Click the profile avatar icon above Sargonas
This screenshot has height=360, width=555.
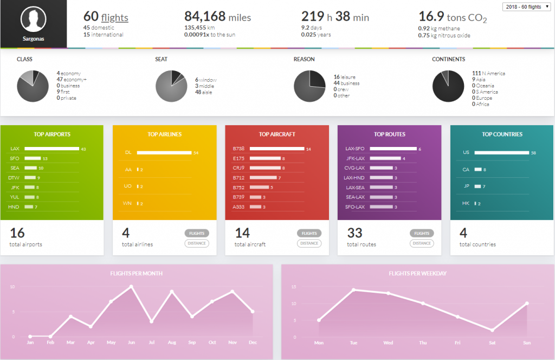point(33,20)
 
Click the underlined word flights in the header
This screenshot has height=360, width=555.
point(114,17)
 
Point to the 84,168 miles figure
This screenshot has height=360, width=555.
point(217,17)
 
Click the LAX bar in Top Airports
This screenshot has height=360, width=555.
point(51,149)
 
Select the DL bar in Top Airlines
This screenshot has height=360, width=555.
point(164,153)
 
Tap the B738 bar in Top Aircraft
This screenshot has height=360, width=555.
point(276,149)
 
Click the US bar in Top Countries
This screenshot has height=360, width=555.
point(501,153)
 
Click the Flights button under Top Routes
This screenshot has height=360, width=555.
point(422,233)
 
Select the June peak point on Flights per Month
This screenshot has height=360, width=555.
point(131,286)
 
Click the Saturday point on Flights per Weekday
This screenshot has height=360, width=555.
point(493,330)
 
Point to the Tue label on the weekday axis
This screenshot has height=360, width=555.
point(353,343)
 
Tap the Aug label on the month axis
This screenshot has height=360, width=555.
point(171,343)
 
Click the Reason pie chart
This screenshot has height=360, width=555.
point(309,87)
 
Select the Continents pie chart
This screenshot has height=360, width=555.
point(448,87)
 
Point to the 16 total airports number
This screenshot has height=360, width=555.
point(17,233)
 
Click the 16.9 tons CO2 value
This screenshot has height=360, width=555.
point(453,17)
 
